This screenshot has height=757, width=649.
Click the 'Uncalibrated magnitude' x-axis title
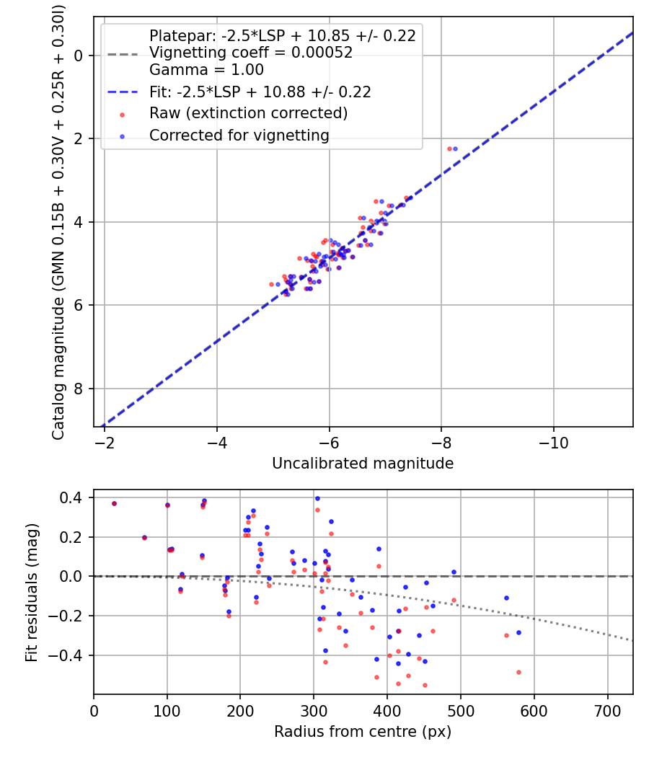(x=363, y=464)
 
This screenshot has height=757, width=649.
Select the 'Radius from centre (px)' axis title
(x=363, y=732)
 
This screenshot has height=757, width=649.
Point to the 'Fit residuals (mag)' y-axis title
(x=31, y=593)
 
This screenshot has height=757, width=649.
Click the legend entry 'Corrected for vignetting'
(x=239, y=135)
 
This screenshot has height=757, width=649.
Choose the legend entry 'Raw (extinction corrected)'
(x=248, y=113)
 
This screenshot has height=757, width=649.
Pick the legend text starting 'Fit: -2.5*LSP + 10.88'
(x=260, y=92)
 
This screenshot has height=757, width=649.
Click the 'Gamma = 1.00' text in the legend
(x=206, y=70)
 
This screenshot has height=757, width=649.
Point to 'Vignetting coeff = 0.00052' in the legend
(x=250, y=53)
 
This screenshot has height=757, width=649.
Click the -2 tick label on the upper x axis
(x=105, y=441)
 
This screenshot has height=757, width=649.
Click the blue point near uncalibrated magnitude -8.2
(x=455, y=149)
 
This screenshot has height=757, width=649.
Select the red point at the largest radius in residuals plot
(x=518, y=672)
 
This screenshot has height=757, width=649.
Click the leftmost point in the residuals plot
(x=114, y=503)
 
